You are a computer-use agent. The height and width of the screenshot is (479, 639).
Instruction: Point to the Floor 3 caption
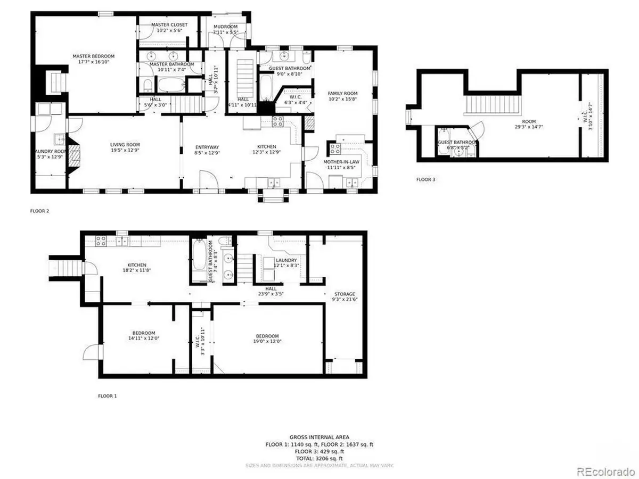coord(425,180)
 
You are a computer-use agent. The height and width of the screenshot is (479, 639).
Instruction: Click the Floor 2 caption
coord(39,211)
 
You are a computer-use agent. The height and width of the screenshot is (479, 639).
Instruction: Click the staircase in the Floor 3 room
coord(492,104)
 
